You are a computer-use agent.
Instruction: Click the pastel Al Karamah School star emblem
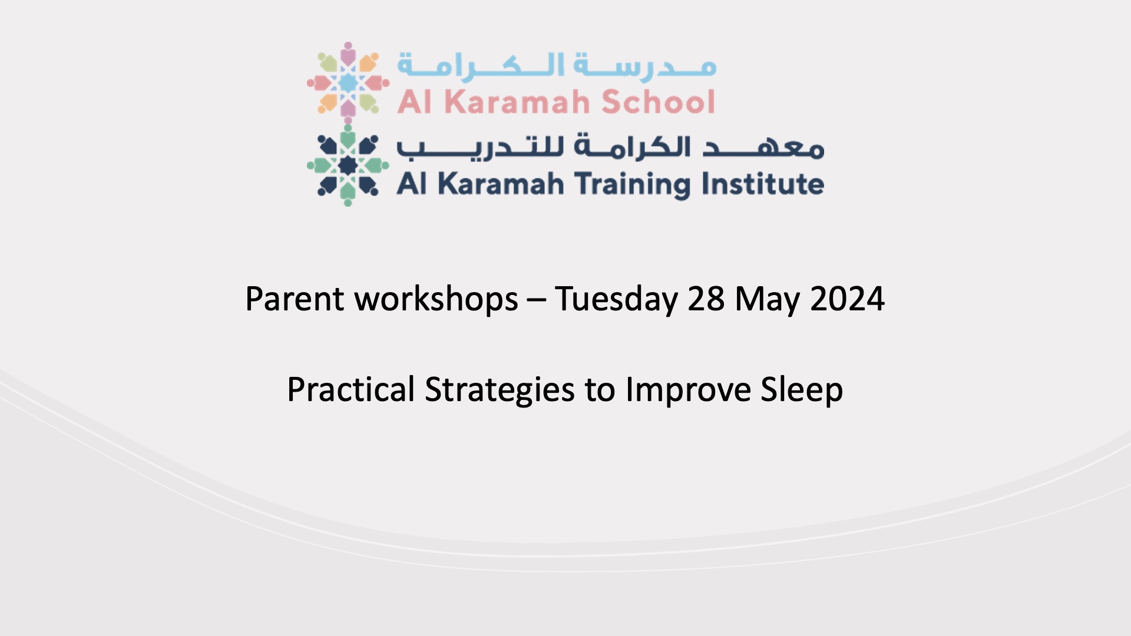coord(348,82)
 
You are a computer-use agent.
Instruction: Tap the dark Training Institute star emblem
coord(348,165)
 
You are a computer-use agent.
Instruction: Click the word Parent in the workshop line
coord(295,299)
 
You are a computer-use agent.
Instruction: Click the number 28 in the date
coord(706,299)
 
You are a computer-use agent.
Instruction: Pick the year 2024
coord(847,299)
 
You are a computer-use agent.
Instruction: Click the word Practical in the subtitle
coord(351,389)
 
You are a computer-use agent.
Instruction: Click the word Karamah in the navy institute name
coord(501,184)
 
